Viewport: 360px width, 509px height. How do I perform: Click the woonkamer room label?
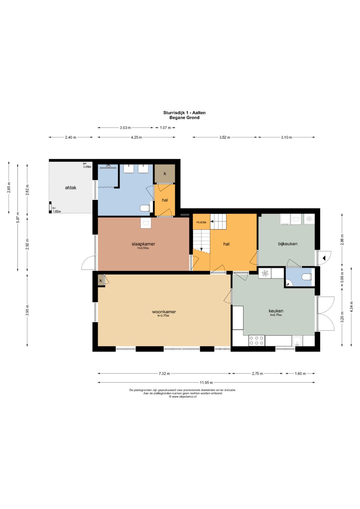164,312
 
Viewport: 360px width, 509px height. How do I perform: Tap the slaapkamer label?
143,244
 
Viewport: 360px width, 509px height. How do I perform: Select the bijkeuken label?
288,244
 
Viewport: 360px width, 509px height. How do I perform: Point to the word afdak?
71,188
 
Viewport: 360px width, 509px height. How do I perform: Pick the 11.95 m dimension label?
206,382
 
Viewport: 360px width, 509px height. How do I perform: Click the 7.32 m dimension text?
164,373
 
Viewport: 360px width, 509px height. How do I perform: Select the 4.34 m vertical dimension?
351,307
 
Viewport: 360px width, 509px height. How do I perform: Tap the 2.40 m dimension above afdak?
70,137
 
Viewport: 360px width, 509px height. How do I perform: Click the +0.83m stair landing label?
201,222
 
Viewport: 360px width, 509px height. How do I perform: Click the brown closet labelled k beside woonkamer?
101,281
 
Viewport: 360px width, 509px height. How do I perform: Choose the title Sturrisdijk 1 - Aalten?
184,112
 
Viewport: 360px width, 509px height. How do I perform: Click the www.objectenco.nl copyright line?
183,397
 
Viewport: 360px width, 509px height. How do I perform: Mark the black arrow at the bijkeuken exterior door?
324,258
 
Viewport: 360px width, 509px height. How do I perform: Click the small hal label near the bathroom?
165,200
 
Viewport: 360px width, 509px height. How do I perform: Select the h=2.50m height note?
143,248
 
